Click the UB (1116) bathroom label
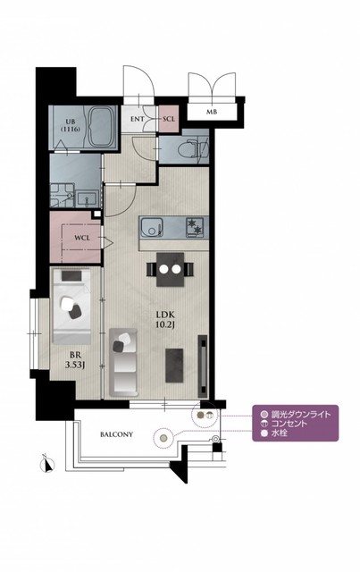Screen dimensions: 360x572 pyautogui.click(x=71, y=125)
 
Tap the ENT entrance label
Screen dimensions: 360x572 pyautogui.click(x=137, y=119)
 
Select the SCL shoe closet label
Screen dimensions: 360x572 pyautogui.click(x=169, y=119)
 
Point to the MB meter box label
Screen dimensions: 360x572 pyautogui.click(x=212, y=112)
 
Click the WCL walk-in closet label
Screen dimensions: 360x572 pyautogui.click(x=82, y=238)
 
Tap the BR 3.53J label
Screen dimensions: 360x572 pyautogui.click(x=75, y=359)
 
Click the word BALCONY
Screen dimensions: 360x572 pyautogui.click(x=116, y=434)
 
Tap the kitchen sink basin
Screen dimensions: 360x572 pyautogui.click(x=152, y=228)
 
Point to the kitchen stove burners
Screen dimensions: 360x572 pyautogui.click(x=197, y=227)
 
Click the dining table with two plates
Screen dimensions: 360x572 pyautogui.click(x=170, y=269)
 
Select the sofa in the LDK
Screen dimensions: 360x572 pyautogui.click(x=123, y=362)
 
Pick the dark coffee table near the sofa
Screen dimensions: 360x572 pyautogui.click(x=174, y=366)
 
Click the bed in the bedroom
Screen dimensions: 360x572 pyautogui.click(x=71, y=306)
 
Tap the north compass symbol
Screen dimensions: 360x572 pyautogui.click(x=46, y=463)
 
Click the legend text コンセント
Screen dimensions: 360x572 pyautogui.click(x=289, y=424)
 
